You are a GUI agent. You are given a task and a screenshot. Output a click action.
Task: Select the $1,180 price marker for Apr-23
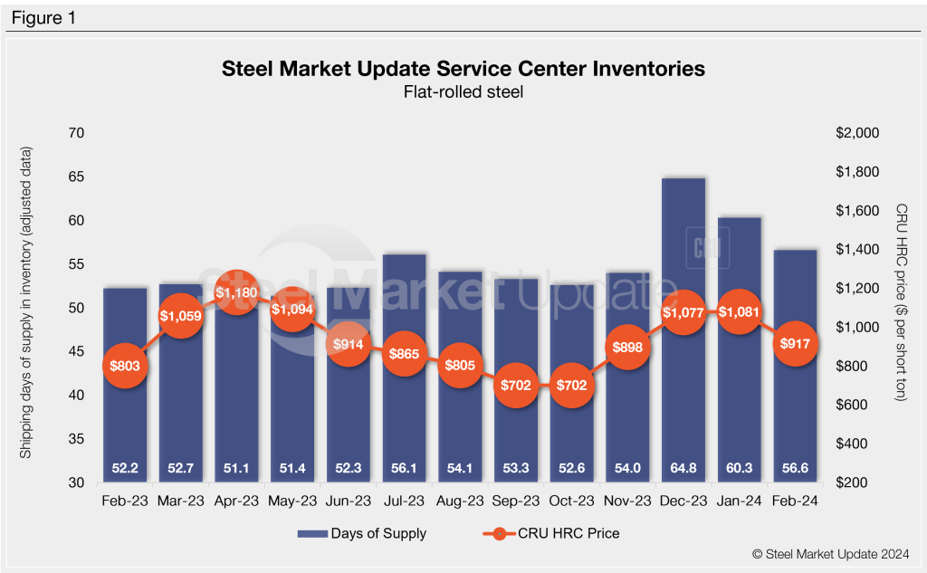tap(236, 293)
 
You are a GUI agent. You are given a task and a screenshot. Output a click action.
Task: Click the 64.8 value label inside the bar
tap(683, 468)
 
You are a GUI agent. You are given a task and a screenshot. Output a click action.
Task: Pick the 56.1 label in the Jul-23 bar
tap(404, 468)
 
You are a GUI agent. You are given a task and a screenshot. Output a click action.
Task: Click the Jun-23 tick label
tap(349, 500)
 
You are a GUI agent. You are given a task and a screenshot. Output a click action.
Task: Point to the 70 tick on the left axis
tap(76, 133)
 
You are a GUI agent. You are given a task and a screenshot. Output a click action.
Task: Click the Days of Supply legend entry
tap(362, 533)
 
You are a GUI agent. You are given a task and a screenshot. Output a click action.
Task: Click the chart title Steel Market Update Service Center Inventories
tap(463, 69)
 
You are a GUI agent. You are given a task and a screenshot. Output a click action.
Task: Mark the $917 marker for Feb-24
tap(796, 344)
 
